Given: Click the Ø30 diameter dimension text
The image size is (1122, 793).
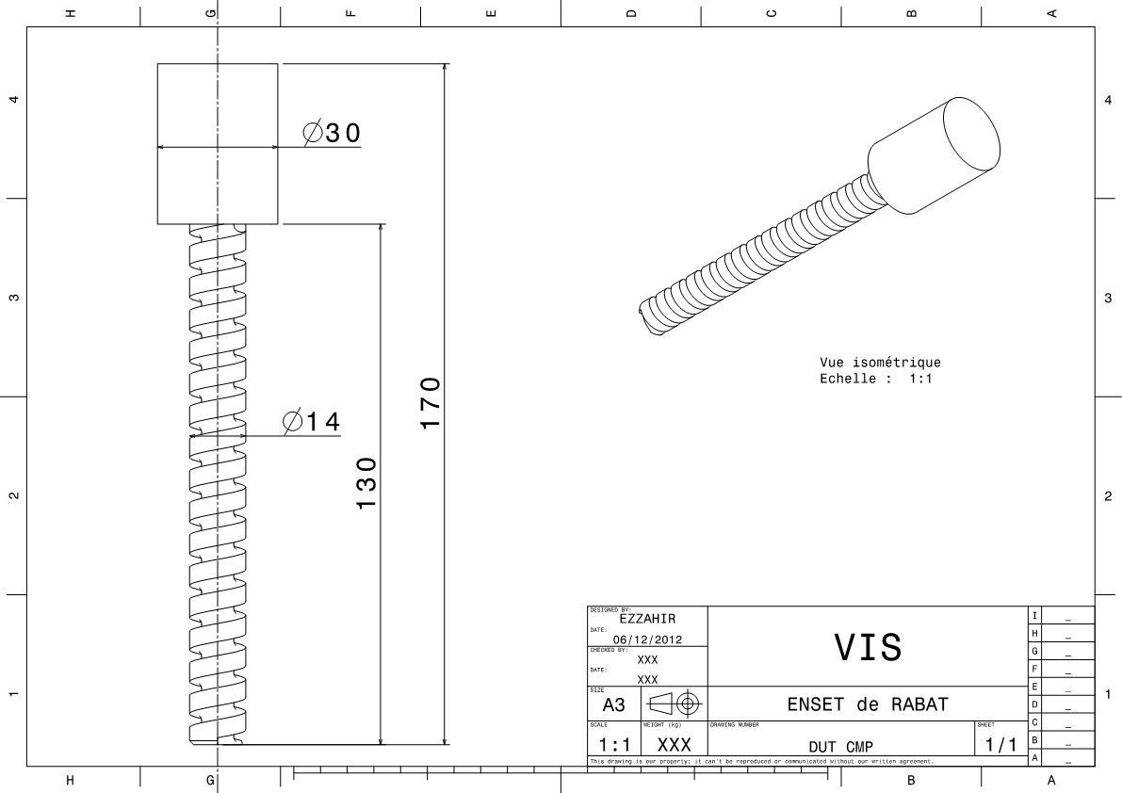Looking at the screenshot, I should point(332,134).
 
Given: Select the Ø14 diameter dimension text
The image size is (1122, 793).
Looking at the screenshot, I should point(311,422).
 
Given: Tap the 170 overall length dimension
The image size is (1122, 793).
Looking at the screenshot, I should point(431,403).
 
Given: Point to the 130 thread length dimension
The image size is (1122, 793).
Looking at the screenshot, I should point(366,483).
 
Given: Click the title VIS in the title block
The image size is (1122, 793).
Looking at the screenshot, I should point(868,647).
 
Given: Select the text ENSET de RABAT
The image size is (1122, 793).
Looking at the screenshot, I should point(868,704).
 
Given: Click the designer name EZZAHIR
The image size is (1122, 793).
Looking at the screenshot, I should point(647,619).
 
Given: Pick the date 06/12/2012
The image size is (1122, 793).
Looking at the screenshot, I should point(647,639).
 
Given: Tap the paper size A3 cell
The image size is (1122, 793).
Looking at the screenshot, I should point(613,704).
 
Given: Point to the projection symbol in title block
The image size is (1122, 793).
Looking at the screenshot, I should point(675,704).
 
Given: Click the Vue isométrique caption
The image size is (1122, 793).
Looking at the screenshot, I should point(880,363).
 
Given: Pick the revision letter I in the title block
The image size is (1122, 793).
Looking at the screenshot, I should point(1035,615).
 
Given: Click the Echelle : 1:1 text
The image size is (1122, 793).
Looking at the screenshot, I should point(875,379).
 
